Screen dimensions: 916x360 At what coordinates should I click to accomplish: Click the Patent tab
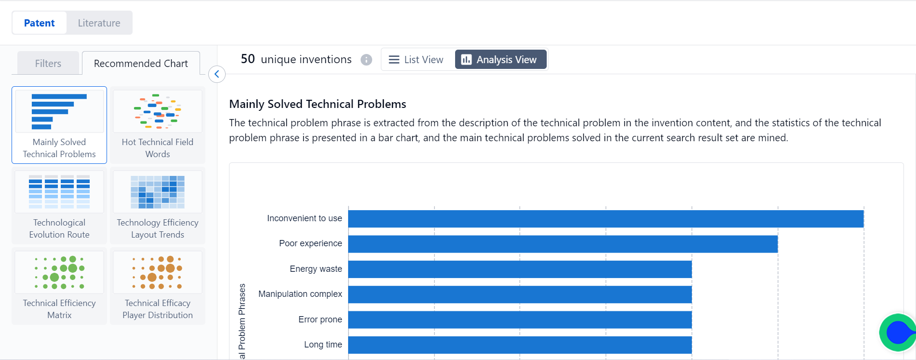[x=39, y=23]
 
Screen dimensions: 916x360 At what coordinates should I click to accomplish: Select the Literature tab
[x=99, y=23]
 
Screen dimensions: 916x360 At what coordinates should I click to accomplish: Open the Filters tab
[x=48, y=63]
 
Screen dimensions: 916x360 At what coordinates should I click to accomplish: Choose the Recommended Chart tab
[x=141, y=63]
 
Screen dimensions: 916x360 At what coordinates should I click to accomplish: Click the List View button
[x=416, y=59]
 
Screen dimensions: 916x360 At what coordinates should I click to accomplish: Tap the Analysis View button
[x=500, y=59]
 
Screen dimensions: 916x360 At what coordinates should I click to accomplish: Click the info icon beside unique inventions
[x=366, y=60]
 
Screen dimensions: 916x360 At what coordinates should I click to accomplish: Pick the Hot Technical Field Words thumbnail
[x=158, y=125]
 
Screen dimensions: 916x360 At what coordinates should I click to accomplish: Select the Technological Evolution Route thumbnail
[x=59, y=205]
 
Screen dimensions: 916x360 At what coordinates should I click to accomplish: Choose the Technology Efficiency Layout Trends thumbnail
[x=158, y=205]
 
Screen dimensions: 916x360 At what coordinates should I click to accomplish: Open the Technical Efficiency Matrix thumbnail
[x=59, y=286]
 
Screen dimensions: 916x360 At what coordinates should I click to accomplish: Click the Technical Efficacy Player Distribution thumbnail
[x=158, y=286]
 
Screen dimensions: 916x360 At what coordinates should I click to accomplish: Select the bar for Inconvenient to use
[x=606, y=219]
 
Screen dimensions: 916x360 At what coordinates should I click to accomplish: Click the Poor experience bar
[x=563, y=244]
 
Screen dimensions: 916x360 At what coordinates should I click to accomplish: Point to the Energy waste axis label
[x=316, y=269]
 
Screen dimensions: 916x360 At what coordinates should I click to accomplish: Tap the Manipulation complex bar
[x=520, y=294]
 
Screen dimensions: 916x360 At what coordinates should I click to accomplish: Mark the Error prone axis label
[x=320, y=320]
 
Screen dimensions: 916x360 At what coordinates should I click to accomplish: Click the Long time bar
[x=520, y=345]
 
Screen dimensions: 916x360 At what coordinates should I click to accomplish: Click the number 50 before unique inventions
[x=248, y=59]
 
